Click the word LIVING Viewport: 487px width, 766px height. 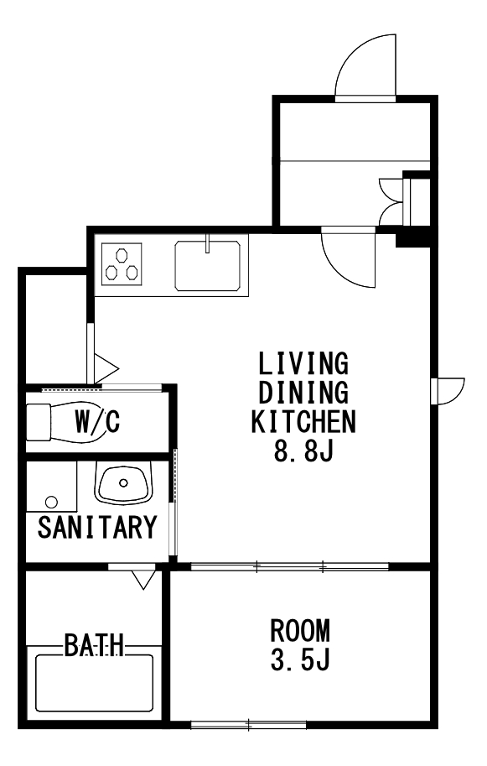coord(303,364)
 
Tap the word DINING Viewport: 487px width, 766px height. coord(303,393)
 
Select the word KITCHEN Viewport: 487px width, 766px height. coord(303,421)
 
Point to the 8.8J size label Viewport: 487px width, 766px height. coord(303,451)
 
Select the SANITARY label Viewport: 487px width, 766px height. coord(97,528)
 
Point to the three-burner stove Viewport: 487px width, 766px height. coord(122,263)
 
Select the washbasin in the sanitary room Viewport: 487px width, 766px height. coord(123,483)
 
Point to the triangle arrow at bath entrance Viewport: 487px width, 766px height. coord(143,578)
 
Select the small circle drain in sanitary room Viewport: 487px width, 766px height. coord(51,502)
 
